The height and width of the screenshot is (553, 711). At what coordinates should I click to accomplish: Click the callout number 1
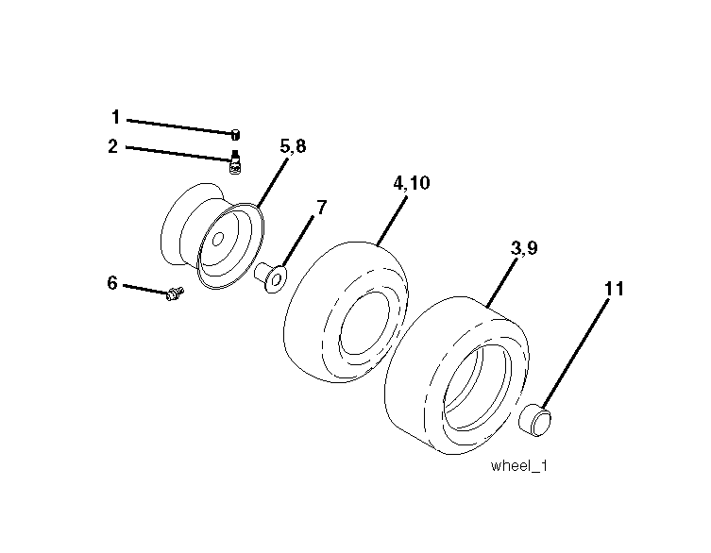115,117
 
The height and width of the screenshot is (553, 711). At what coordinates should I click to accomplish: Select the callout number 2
113,146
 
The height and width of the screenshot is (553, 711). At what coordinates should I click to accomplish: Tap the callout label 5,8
293,146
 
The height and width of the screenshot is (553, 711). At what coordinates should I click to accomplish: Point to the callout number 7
321,208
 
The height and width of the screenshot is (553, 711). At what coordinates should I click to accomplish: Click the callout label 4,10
412,183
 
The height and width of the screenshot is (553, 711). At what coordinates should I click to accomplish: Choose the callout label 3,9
524,248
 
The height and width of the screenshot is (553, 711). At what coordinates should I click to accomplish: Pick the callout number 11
614,289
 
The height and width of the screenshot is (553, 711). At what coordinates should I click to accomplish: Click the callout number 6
112,283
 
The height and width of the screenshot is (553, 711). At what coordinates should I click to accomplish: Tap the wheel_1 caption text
518,466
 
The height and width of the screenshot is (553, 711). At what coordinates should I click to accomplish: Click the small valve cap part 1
235,134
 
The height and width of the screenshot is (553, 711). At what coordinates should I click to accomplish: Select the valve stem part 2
235,162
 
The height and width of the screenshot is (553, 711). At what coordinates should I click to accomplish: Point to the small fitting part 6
175,293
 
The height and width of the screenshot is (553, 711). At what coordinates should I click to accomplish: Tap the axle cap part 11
535,419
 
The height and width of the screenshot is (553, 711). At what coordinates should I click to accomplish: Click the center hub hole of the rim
218,239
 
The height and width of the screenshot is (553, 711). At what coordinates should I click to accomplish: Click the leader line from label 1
180,126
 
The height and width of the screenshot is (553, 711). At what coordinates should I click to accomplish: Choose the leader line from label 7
298,242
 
